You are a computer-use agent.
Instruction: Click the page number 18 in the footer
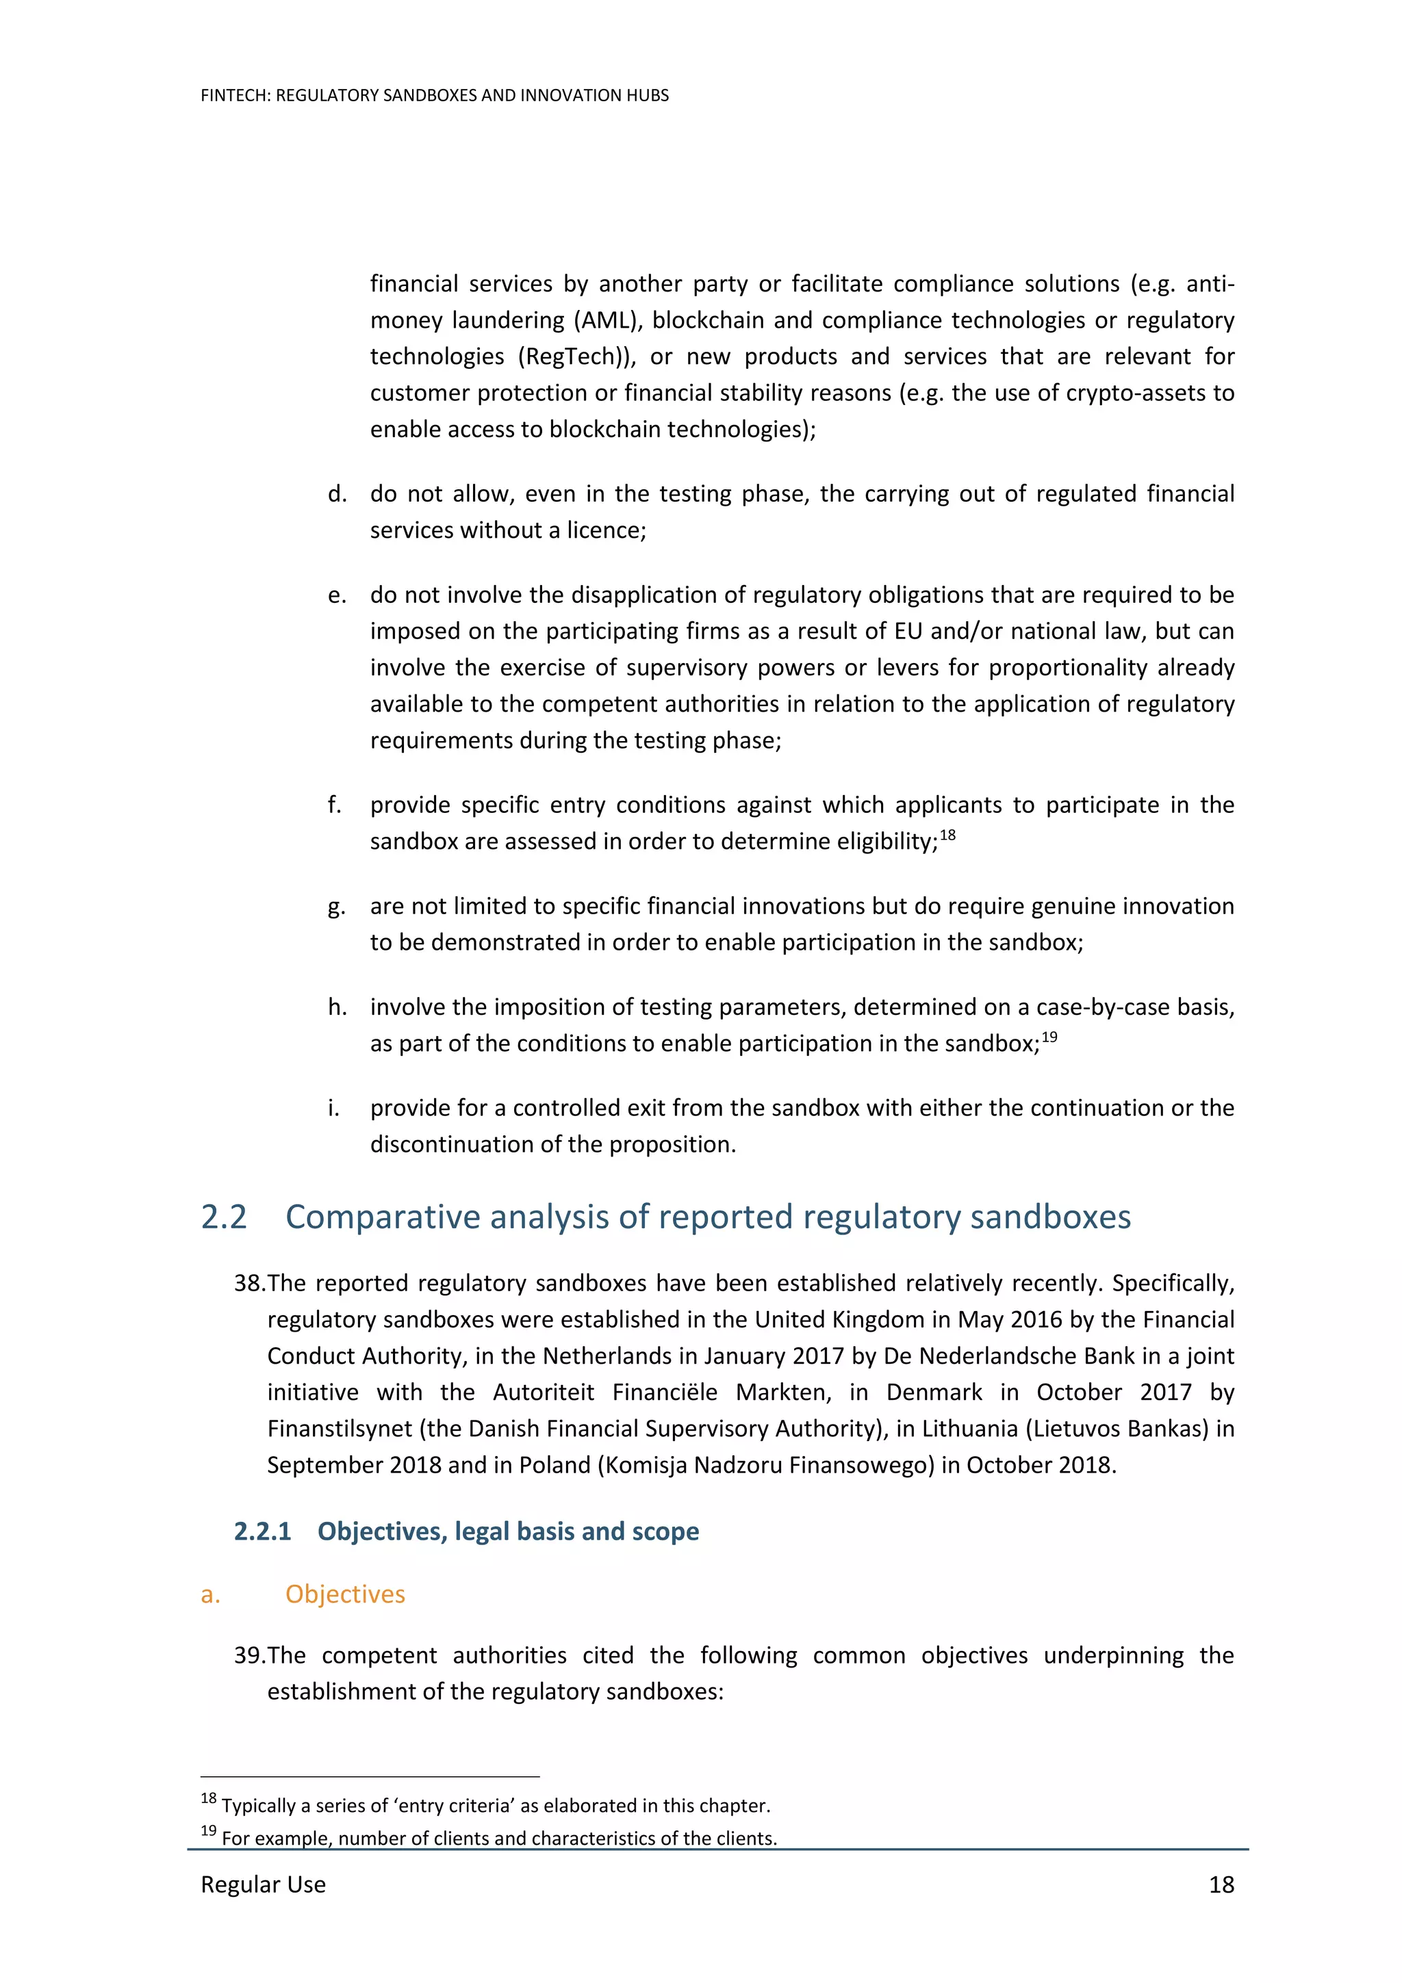coord(1221,1884)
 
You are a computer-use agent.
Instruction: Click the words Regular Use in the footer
coord(263,1884)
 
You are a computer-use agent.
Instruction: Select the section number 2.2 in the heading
coord(224,1217)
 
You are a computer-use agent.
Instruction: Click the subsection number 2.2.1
coord(262,1531)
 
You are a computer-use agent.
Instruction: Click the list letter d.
coord(337,494)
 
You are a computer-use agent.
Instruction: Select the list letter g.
coord(337,907)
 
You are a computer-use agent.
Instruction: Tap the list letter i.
coord(333,1108)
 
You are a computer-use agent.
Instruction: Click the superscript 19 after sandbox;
coord(1049,1037)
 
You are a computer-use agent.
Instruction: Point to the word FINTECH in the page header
coord(235,96)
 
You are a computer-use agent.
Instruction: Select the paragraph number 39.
coord(248,1656)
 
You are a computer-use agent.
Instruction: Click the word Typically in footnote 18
coord(258,1806)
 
